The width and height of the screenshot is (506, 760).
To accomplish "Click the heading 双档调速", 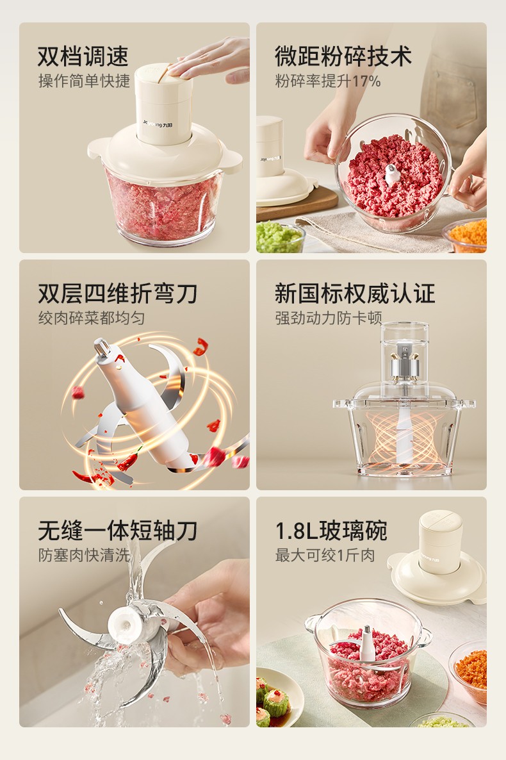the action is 83,56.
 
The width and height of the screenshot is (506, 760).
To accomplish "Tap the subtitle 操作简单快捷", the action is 85,81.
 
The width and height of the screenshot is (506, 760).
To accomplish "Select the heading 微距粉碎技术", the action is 343,56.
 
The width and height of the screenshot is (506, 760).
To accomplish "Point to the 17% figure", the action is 366,81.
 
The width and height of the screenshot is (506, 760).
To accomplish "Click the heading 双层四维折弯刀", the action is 118,293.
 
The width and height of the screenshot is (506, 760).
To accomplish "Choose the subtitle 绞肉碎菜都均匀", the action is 92,318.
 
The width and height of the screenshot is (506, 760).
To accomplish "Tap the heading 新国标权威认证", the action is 355,293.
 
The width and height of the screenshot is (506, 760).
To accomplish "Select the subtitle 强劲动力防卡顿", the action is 329,318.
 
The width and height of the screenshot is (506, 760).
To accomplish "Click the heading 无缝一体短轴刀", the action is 118,530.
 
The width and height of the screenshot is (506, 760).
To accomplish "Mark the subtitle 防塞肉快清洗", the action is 85,555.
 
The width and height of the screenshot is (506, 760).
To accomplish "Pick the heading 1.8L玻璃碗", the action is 331,530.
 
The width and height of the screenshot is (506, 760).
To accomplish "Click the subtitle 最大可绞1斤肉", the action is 325,555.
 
